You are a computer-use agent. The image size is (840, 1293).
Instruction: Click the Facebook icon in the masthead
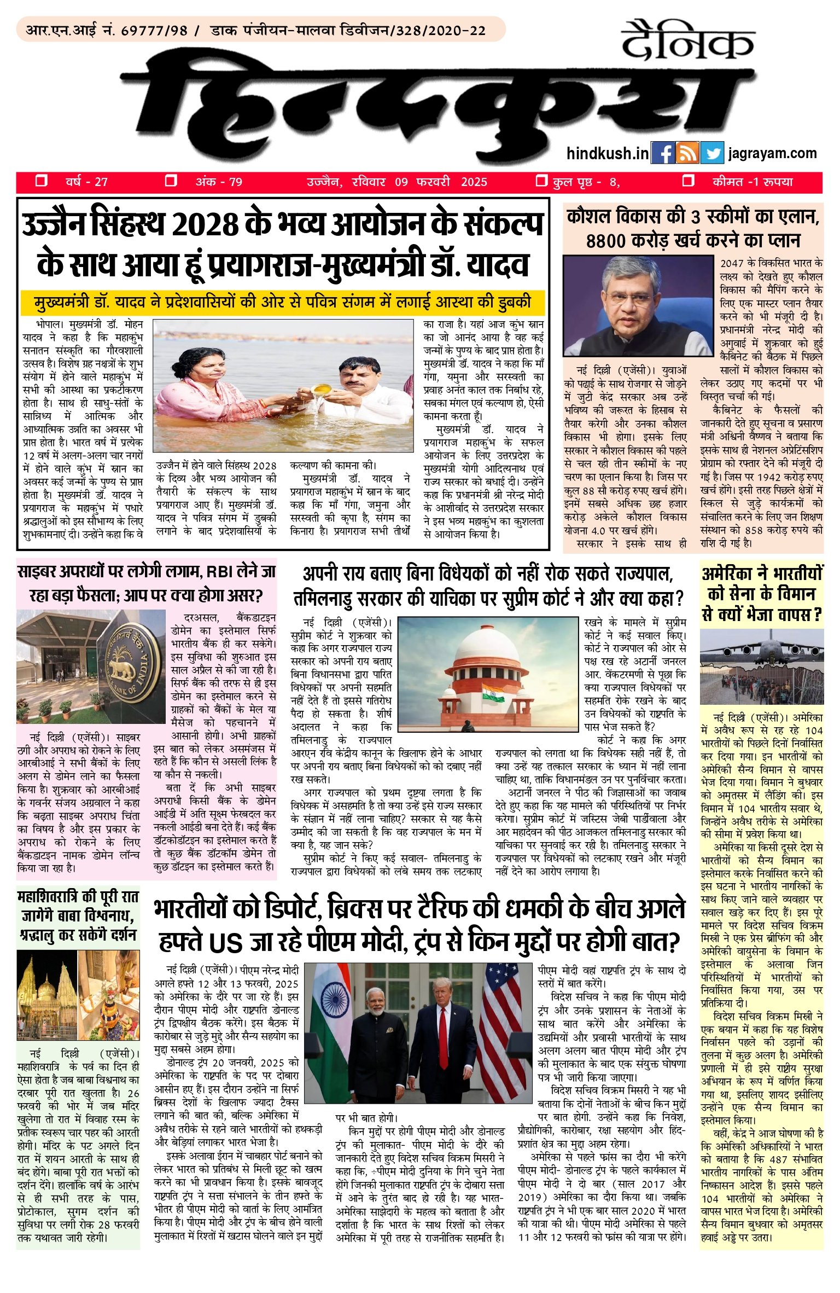[x=663, y=153]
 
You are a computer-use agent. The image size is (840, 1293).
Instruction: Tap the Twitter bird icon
[x=711, y=153]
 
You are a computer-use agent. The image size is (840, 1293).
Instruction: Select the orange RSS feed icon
[x=687, y=153]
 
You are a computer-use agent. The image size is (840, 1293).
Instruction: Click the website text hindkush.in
[x=608, y=154]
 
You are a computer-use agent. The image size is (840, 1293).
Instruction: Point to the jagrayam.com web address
[x=772, y=153]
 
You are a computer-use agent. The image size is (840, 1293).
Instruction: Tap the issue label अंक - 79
[x=219, y=182]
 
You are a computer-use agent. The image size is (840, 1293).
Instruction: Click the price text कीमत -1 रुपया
[x=752, y=182]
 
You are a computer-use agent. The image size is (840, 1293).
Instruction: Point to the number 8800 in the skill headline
[x=611, y=241]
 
